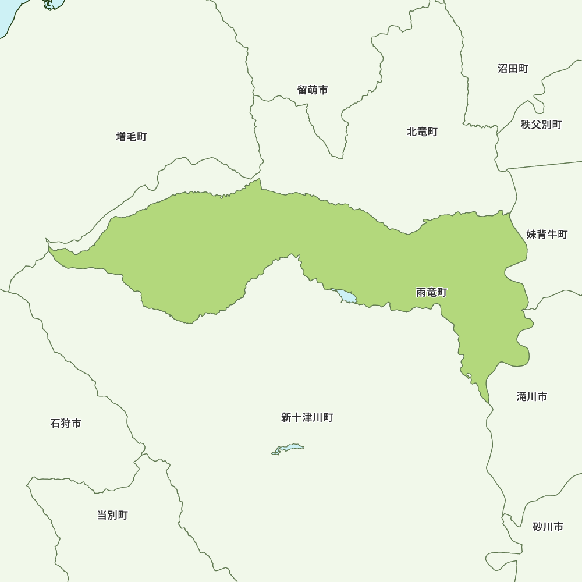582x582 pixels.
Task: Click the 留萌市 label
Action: pos(313,90)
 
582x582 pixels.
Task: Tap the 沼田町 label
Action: pos(513,69)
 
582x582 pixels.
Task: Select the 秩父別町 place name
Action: pos(541,125)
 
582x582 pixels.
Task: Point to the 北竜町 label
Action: pos(422,132)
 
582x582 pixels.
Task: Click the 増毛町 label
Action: pos(132,137)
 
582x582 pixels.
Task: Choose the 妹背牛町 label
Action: pos(546,235)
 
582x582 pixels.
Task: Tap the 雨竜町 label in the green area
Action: pos(432,293)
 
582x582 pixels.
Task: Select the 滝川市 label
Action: pos(531,397)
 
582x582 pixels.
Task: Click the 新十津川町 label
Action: pos(307,418)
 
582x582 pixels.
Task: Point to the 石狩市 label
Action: pos(66,424)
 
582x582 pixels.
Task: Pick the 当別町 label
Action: pos(112,515)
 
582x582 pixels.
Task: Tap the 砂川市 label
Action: pos(548,527)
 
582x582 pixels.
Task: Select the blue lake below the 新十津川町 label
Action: pos(289,448)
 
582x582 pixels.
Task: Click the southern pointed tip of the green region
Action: pos(488,402)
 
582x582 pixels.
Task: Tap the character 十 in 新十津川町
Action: pos(296,418)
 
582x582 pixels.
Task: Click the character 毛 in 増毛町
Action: pos(132,137)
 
